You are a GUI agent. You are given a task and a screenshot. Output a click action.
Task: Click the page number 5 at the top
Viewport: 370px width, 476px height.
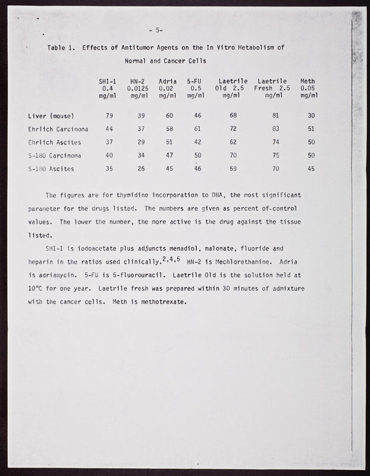click(x=158, y=31)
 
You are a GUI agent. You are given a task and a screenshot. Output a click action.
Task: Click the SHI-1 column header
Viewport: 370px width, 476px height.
click(x=108, y=80)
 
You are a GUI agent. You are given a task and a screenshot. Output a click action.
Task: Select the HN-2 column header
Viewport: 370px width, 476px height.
click(x=138, y=80)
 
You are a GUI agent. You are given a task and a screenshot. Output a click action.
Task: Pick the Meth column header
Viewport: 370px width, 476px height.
click(x=308, y=80)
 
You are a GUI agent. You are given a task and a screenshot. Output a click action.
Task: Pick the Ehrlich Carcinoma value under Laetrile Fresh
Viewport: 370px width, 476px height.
click(x=274, y=129)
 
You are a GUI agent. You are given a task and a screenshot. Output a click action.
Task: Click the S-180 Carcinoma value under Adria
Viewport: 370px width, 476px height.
click(x=169, y=155)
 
